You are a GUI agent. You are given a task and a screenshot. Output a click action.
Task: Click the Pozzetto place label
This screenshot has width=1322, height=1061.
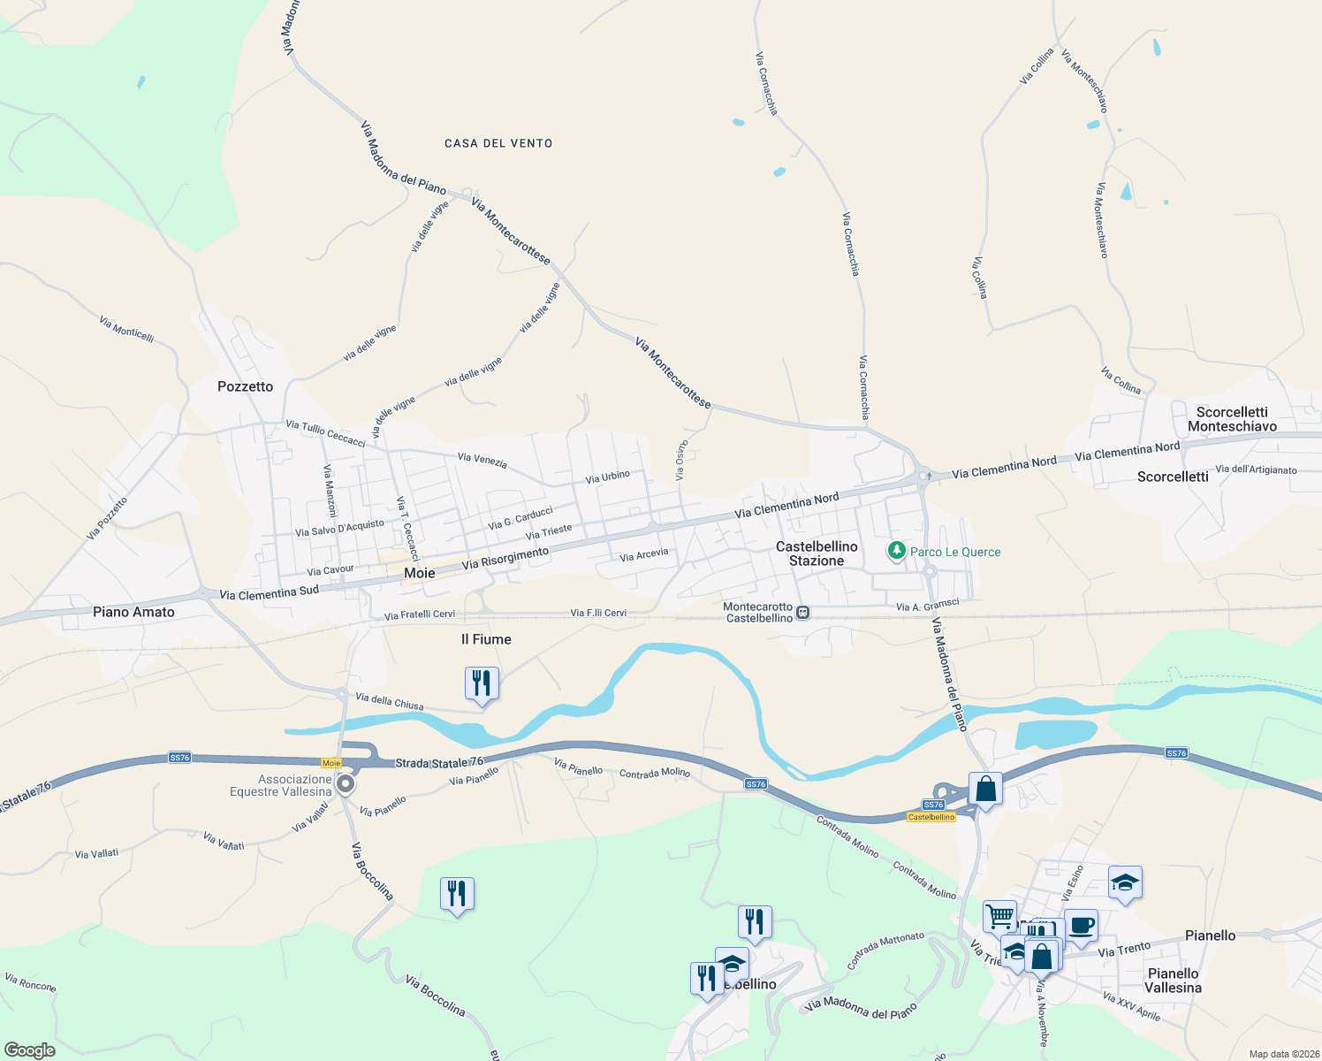(245, 386)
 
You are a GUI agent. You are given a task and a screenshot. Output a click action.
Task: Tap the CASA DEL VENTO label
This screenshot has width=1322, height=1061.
(498, 143)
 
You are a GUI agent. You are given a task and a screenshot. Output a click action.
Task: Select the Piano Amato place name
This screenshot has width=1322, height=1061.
(133, 612)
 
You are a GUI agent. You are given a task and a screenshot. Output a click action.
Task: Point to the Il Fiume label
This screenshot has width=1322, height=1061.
(486, 639)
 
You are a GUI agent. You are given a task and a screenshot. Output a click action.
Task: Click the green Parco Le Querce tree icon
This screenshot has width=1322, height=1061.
(896, 551)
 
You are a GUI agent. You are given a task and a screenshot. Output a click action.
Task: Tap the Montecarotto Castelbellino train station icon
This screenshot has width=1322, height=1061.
(802, 612)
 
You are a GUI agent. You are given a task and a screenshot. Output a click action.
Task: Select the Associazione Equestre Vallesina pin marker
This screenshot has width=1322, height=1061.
(346, 784)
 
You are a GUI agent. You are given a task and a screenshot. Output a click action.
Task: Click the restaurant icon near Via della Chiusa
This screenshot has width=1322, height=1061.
(482, 683)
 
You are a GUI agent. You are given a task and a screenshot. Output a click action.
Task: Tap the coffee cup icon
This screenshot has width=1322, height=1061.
(1081, 926)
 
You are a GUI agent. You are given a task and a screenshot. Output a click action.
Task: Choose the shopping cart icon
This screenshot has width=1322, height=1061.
(999, 917)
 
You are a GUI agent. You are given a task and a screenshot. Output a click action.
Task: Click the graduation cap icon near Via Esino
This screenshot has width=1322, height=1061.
(1125, 882)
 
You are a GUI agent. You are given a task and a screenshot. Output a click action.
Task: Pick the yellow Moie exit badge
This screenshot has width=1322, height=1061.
(331, 763)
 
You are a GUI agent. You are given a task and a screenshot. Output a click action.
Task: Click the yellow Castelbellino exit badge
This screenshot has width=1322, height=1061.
(931, 817)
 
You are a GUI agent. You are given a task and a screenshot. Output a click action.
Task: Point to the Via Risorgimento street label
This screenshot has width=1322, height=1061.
(505, 558)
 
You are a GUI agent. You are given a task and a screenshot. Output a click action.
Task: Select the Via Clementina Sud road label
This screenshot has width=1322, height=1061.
(269, 592)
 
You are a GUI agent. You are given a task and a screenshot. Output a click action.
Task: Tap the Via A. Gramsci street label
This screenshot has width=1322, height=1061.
(927, 606)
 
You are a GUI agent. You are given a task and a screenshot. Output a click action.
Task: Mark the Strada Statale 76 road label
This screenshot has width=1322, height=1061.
(439, 762)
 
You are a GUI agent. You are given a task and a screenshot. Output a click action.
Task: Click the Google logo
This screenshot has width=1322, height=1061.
(29, 1050)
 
